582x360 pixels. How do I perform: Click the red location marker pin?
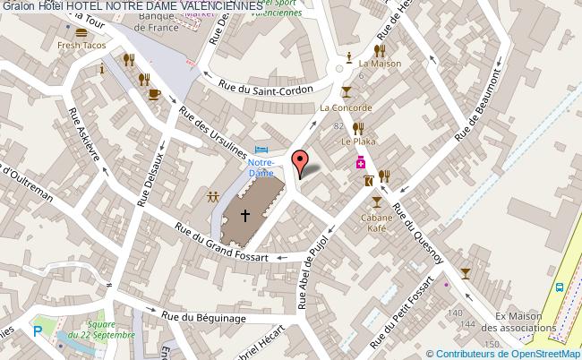(301, 161)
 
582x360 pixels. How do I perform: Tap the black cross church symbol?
(245, 215)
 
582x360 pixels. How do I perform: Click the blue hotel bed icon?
(261, 149)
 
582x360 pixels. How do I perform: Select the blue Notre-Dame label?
(261, 167)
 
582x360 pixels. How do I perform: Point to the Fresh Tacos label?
(81, 46)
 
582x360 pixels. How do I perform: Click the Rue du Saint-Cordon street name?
(266, 88)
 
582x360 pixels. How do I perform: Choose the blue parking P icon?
(37, 330)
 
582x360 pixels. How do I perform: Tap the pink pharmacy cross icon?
(360, 162)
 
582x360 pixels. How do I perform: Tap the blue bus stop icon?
(560, 288)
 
